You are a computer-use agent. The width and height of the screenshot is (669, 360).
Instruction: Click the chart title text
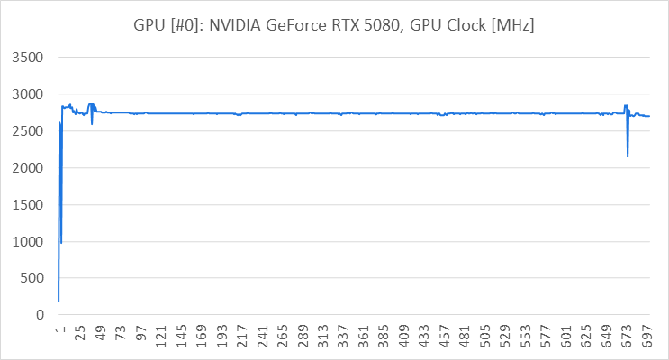pos(334,26)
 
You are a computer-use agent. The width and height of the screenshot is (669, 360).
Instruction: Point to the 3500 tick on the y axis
pos(27,58)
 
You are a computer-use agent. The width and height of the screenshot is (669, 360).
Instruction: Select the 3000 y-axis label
pos(27,94)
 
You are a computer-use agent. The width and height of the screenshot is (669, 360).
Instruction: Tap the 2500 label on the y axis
pos(27,131)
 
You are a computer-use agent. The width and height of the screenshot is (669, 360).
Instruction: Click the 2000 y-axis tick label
pos(27,168)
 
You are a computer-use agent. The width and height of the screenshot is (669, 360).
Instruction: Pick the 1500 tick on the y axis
pos(27,205)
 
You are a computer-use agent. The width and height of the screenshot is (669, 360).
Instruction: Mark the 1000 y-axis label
pos(27,242)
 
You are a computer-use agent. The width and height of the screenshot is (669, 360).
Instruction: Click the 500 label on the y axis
pos(31,279)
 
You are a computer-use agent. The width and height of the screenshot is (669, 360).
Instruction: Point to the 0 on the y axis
pos(40,316)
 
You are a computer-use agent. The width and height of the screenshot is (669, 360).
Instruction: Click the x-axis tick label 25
pos(79,337)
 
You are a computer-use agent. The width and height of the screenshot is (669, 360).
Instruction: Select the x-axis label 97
pos(140,337)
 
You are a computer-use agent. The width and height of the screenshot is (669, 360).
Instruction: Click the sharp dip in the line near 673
pos(628,157)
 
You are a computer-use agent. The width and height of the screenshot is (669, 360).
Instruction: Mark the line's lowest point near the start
pos(59,301)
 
